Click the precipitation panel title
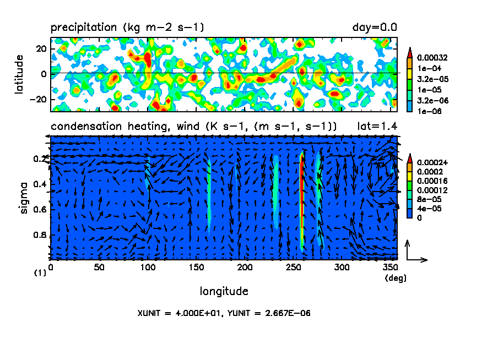(x=127, y=26)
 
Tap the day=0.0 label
(x=375, y=26)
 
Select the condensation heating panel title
(x=193, y=126)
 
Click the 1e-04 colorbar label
(x=427, y=68)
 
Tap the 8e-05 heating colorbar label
(x=427, y=199)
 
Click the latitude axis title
(x=19, y=74)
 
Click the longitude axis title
(x=224, y=291)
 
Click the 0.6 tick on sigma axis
(x=40, y=209)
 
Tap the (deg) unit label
(x=395, y=278)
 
